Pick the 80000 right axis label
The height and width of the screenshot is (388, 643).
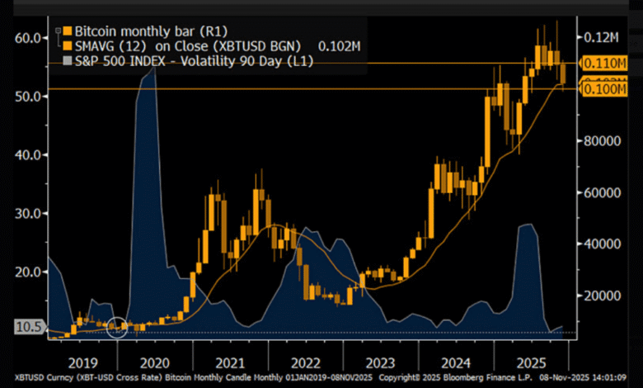pos(603,140)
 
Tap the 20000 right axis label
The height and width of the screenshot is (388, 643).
pos(603,295)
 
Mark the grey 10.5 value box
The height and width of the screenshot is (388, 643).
pos(27,327)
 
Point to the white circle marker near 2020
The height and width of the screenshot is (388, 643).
pos(118,327)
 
